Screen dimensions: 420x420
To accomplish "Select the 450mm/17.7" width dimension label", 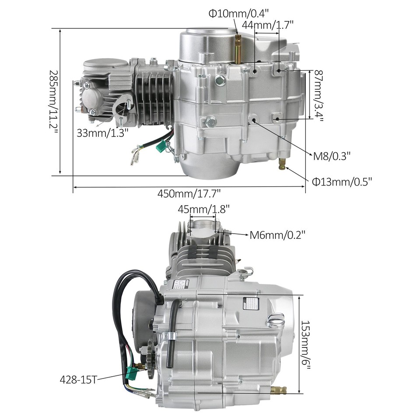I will point(189,193).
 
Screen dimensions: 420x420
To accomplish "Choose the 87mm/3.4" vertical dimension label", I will point(318,96).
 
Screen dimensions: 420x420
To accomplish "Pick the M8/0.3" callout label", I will point(332,155).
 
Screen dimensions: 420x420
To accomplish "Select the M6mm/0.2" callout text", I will point(277,235).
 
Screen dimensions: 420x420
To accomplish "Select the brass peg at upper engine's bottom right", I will point(283,165).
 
